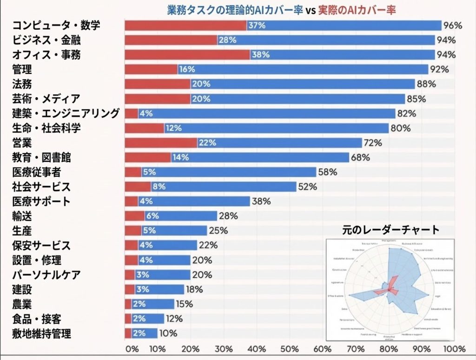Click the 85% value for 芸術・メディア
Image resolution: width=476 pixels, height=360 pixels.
tap(416, 99)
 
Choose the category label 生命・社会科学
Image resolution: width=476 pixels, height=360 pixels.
tap(46, 128)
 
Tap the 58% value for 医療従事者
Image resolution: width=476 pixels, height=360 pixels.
tap(328, 172)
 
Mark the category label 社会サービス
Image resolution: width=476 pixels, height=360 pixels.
tap(41, 187)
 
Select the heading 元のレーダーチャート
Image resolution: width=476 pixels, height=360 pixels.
tap(391, 229)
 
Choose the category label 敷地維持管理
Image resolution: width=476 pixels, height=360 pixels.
tap(41, 333)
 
